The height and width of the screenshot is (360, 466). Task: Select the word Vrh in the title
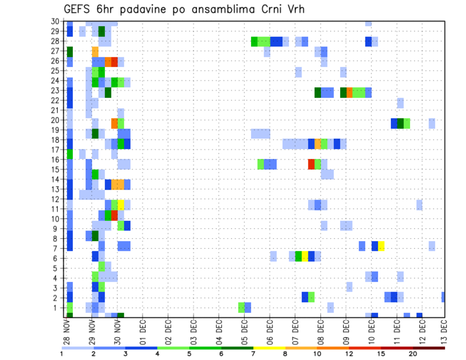coord(293,9)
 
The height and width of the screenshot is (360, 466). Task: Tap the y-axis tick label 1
coord(57,308)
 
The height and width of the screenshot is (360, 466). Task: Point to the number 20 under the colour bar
coord(413,354)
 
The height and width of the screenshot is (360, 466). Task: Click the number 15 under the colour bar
coord(381,354)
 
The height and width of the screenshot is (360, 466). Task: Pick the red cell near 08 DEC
coord(311,164)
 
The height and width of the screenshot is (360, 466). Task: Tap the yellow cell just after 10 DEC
coord(382,246)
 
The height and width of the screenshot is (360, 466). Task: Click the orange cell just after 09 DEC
coord(349,92)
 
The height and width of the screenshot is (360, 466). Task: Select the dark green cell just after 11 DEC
coord(400,123)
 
